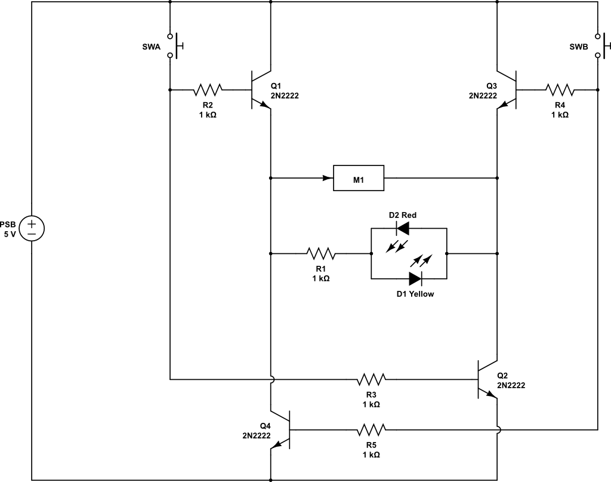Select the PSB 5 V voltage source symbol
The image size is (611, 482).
point(32,228)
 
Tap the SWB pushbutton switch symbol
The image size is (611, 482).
point(601,45)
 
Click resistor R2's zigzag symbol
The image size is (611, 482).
point(208,90)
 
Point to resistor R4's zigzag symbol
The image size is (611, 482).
point(559,90)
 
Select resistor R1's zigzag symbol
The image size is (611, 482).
point(321,254)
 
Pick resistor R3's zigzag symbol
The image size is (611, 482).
point(371,379)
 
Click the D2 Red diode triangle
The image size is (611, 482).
point(402,228)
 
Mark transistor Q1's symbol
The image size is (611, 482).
point(261,90)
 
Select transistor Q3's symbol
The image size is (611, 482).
point(507,90)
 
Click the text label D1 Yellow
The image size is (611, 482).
point(415,294)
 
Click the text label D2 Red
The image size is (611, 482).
point(403,214)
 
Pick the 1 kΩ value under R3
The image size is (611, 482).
point(371,404)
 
